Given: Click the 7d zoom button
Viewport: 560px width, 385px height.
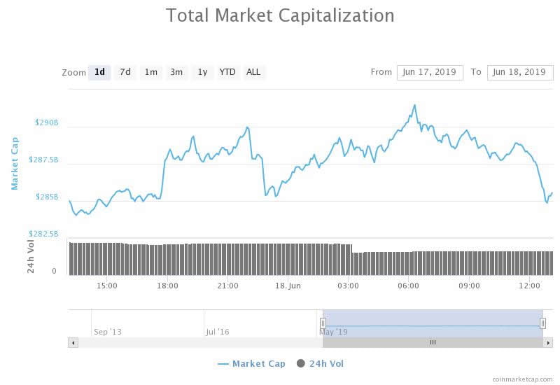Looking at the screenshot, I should pyautogui.click(x=125, y=72).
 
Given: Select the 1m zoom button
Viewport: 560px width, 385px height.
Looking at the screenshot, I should pyautogui.click(x=150, y=72).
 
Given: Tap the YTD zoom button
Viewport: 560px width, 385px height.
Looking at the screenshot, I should pyautogui.click(x=227, y=72).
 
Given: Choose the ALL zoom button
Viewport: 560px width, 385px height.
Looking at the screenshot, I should pyautogui.click(x=253, y=72).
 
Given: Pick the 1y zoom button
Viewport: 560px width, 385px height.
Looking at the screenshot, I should pyautogui.click(x=202, y=72).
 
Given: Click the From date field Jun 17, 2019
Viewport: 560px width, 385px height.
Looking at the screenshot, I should pyautogui.click(x=430, y=72).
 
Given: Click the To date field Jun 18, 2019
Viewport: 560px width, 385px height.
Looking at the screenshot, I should pyautogui.click(x=519, y=72).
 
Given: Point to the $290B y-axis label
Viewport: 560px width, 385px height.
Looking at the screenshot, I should pyautogui.click(x=47, y=122).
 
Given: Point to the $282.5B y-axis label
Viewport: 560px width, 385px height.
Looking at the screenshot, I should pyautogui.click(x=43, y=234).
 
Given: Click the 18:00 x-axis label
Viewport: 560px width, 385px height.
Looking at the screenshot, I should pyautogui.click(x=167, y=286).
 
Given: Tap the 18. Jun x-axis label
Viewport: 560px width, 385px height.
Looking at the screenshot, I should pyautogui.click(x=288, y=286).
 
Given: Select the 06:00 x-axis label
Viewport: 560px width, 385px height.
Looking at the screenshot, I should pyautogui.click(x=408, y=286).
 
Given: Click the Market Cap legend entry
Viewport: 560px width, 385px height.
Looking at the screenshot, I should pyautogui.click(x=251, y=364).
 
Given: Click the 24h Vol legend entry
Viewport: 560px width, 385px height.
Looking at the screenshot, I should pyautogui.click(x=321, y=364).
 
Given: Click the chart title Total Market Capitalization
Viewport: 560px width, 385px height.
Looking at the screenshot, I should pyautogui.click(x=280, y=15).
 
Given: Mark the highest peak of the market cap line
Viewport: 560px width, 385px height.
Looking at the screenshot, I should pyautogui.click(x=414, y=105).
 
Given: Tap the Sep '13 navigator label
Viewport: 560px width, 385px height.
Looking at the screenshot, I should pyautogui.click(x=107, y=332).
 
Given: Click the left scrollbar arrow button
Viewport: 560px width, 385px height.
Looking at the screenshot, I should pyautogui.click(x=73, y=342).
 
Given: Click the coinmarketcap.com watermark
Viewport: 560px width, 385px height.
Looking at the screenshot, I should pyautogui.click(x=522, y=379).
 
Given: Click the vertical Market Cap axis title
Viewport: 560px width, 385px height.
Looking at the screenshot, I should pyautogui.click(x=15, y=163).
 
